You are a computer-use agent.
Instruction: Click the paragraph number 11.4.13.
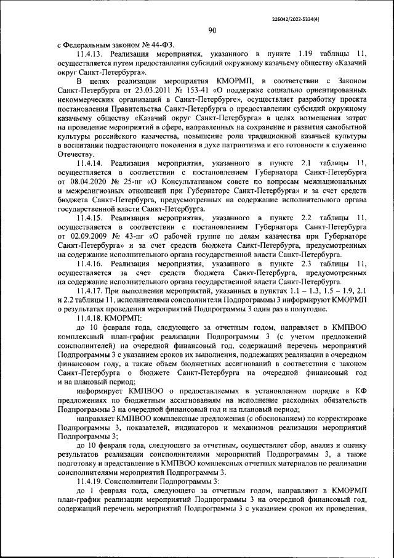92,54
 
